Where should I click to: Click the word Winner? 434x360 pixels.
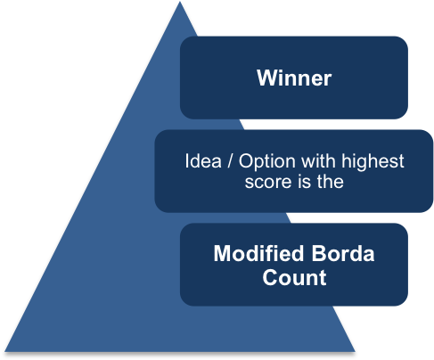(x=294, y=78)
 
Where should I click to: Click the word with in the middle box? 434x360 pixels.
(x=308, y=162)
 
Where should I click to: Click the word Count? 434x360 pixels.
(x=294, y=277)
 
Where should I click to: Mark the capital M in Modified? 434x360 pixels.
(x=222, y=254)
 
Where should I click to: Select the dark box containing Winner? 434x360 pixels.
(x=294, y=78)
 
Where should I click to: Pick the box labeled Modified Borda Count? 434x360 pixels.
(x=294, y=265)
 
